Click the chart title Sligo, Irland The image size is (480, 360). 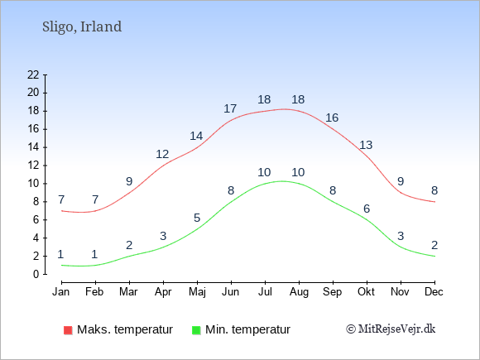(82, 27)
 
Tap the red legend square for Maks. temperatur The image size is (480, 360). (68, 330)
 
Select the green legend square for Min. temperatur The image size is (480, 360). (196, 330)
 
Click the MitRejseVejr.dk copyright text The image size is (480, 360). (391, 329)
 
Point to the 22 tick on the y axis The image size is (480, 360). (33, 74)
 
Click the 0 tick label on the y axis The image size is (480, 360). (36, 274)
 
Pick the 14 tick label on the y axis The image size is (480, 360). (33, 147)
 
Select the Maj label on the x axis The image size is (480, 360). (197, 292)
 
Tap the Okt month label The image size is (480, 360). (366, 291)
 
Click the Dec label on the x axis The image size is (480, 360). (434, 291)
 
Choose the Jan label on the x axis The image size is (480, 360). (61, 291)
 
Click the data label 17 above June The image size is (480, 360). (230, 108)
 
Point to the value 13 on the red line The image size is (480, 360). (366, 145)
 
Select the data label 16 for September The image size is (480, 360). (332, 118)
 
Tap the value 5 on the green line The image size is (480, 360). (197, 218)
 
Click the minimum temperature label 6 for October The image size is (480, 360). (367, 209)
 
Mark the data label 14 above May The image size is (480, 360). (196, 136)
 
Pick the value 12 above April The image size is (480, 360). (162, 154)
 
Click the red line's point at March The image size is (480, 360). (129, 193)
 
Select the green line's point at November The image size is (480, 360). (401, 247)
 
